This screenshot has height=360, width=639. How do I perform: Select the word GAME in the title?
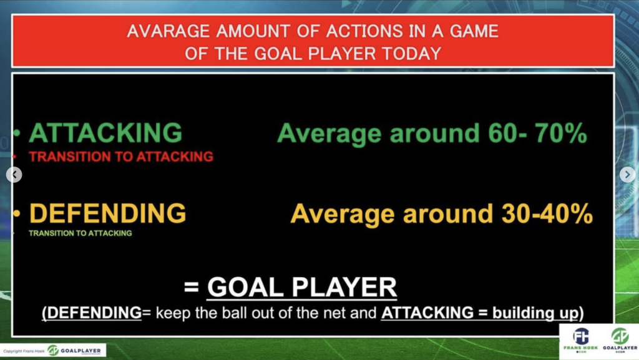point(474,31)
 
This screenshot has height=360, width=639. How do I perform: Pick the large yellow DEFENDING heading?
point(107,213)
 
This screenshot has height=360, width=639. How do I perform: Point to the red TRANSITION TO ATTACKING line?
point(121,157)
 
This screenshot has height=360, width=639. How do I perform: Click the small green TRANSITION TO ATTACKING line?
point(80,233)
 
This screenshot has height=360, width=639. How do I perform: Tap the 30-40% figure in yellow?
point(547,213)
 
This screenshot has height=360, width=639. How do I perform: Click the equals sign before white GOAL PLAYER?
point(192,287)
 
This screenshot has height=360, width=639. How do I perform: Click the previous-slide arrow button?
point(14,175)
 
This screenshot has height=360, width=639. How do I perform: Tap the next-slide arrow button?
point(627,175)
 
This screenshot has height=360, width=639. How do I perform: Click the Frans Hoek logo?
point(581,340)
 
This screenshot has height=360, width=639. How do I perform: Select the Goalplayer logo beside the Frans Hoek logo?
point(620,340)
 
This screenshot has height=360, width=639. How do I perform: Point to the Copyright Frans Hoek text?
point(24,351)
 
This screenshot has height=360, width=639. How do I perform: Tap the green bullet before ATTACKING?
point(17,133)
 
